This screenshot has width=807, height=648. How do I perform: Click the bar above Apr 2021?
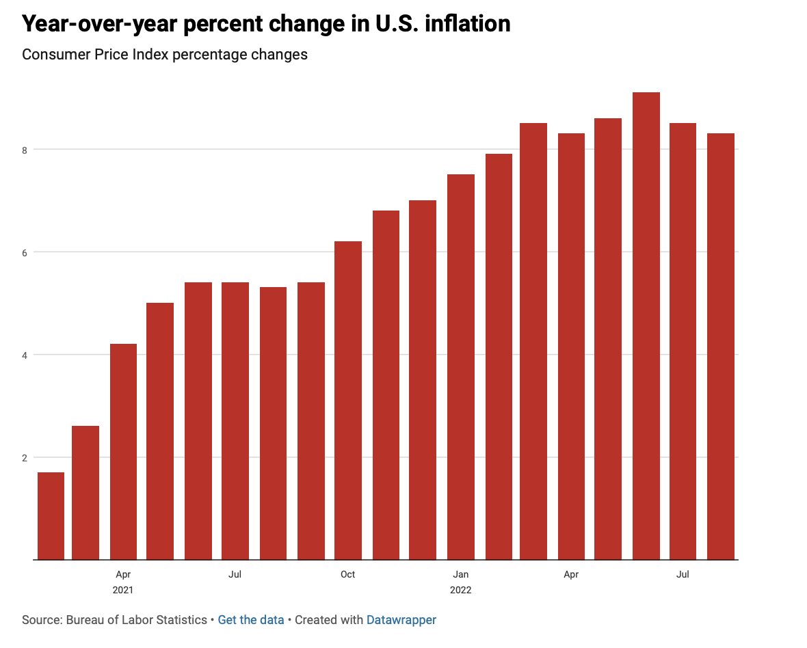(123, 451)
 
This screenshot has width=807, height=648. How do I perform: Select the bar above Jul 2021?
(235, 420)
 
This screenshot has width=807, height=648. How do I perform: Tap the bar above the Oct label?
(347, 400)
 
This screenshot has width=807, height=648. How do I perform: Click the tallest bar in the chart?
(646, 325)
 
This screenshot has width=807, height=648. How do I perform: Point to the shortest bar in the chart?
(51, 515)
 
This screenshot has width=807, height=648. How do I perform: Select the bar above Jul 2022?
(683, 341)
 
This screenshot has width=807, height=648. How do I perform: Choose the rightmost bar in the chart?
(720, 346)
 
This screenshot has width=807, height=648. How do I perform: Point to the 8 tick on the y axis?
(25, 150)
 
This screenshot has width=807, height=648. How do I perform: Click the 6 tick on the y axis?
(25, 252)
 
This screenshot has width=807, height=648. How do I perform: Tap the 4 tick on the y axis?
(25, 355)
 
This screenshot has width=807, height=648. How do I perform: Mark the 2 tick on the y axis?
(25, 457)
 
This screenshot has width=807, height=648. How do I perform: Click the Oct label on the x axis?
(347, 574)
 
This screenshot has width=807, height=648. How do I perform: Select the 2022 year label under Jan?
(460, 589)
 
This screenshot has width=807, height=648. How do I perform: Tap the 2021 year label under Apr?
(123, 589)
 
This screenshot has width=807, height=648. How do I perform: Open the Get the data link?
(250, 620)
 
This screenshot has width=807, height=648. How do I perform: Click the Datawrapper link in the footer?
(401, 620)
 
